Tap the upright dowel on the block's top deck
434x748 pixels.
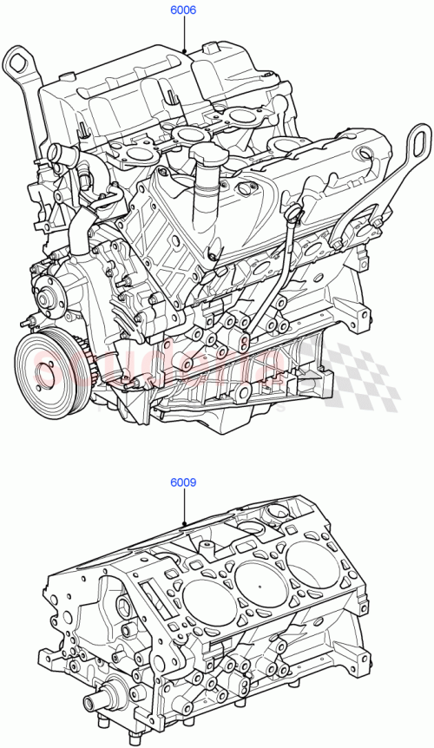(208, 547)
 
